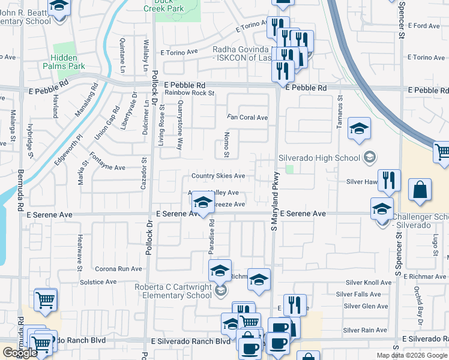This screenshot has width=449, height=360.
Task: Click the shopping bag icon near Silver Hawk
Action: (420, 190)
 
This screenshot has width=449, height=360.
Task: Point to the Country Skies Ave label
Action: (218, 176)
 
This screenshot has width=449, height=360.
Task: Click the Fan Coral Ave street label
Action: (247, 117)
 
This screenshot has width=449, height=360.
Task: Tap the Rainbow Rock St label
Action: (190, 92)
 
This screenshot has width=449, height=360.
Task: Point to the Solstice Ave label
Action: (98, 281)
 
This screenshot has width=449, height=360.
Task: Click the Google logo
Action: (20, 353)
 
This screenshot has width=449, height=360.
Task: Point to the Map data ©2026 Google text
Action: (412, 355)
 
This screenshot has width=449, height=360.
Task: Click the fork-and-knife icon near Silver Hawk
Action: (390, 181)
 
